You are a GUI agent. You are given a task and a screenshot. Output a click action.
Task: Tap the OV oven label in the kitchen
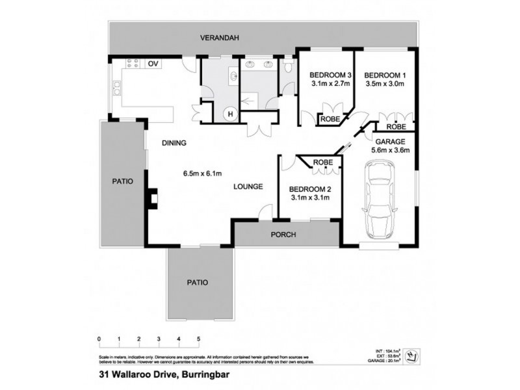point(153,64)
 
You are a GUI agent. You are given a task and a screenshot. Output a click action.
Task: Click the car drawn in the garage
point(380,200)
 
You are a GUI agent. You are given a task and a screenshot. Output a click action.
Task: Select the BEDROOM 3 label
point(330,74)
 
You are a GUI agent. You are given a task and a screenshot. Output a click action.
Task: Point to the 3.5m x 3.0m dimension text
point(385,84)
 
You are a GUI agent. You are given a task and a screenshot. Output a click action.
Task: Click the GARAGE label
point(390,141)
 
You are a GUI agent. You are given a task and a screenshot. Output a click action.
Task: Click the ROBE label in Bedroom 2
point(323,162)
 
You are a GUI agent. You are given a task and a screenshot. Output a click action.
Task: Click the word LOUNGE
point(248,187)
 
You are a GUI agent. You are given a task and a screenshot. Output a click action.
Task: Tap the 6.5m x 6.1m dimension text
point(203,174)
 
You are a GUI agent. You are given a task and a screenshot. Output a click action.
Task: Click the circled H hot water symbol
point(229,114)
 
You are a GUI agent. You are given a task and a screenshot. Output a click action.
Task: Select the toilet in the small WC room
point(287,67)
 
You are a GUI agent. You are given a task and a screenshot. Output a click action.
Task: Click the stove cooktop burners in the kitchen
point(133,64)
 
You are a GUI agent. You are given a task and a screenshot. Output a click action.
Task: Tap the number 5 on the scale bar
point(198,339)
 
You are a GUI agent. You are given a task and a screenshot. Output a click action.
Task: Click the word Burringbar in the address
point(195,374)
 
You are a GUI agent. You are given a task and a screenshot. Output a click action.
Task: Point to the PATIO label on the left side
point(122,181)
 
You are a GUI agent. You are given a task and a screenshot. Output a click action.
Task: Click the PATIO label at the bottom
point(198,283)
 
